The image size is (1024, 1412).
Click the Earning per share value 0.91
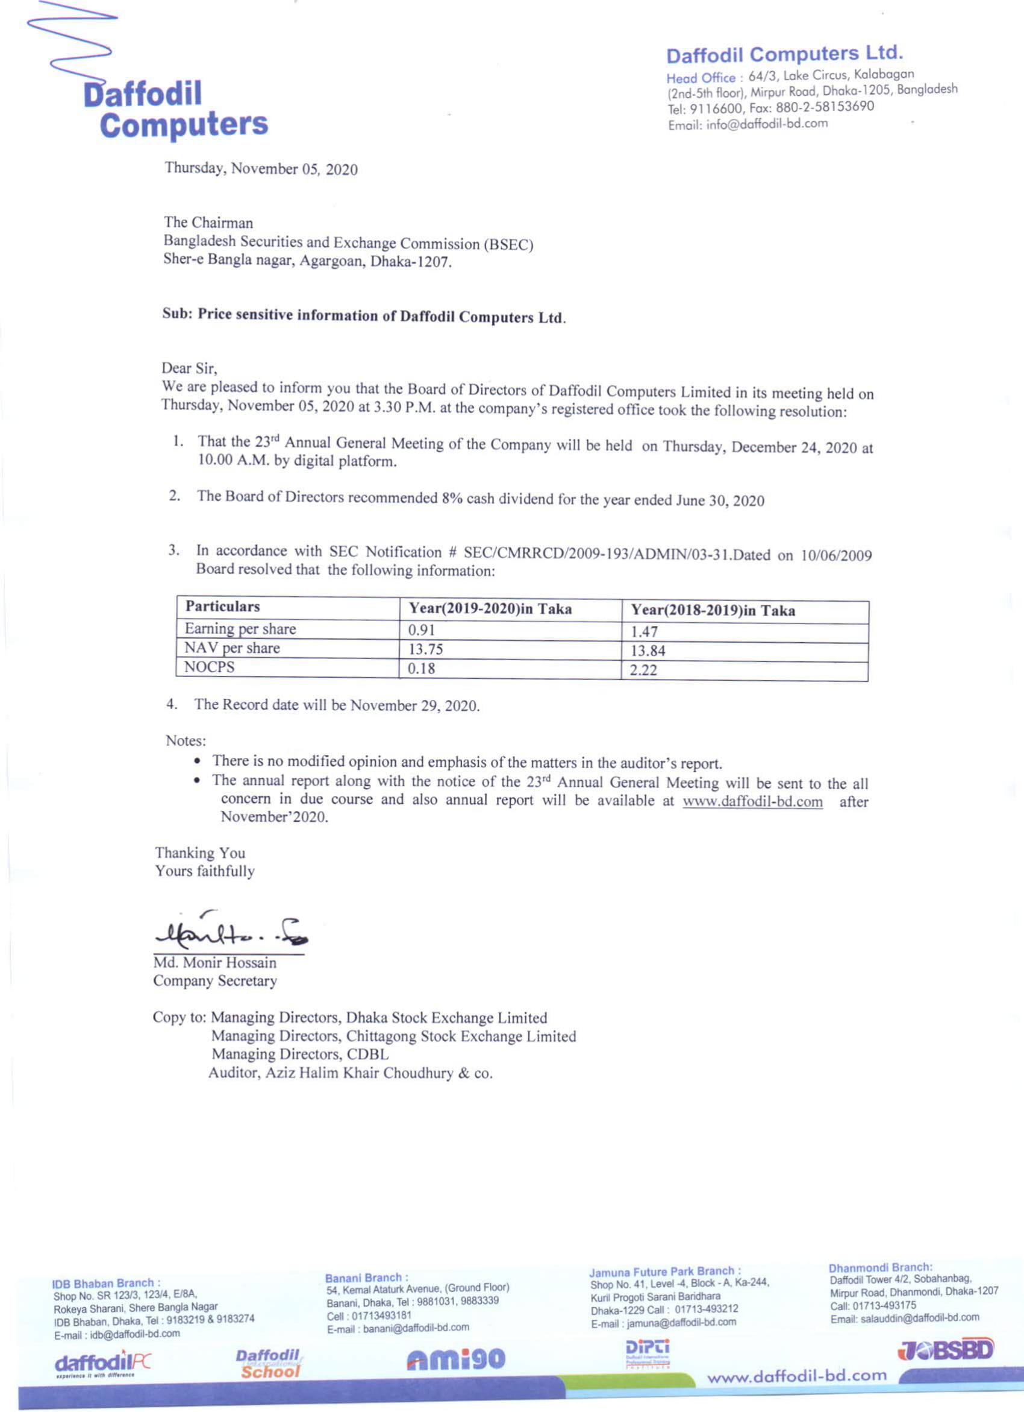click(x=421, y=630)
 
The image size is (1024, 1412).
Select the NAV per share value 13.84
click(x=648, y=651)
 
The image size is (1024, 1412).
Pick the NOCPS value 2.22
click(x=643, y=670)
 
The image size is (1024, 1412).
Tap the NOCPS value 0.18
click(x=420, y=669)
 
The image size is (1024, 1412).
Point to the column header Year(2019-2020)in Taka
click(x=490, y=609)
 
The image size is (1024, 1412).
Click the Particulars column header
click(x=222, y=607)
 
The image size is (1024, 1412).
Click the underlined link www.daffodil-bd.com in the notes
click(x=752, y=802)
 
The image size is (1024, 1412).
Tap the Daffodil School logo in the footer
click(x=269, y=1363)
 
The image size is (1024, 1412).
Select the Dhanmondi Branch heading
click(x=879, y=1267)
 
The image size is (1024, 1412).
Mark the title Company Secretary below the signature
click(x=214, y=981)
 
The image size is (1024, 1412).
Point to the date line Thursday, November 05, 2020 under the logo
click(x=261, y=169)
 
